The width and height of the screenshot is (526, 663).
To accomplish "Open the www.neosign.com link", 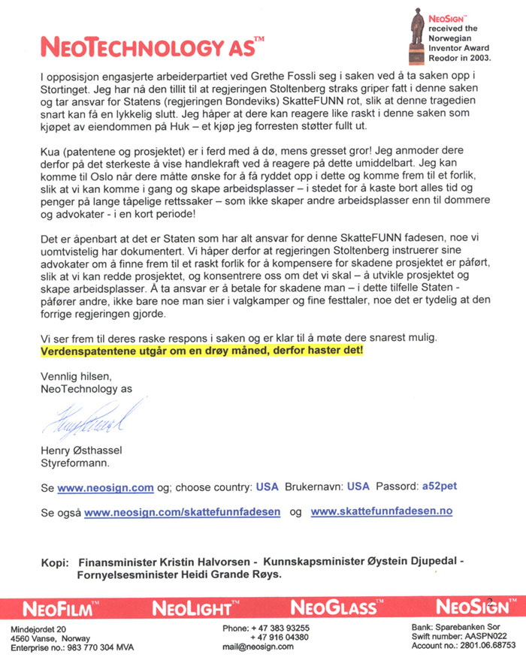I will pos(106,487).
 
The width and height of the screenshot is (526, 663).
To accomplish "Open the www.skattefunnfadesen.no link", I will pos(382,512).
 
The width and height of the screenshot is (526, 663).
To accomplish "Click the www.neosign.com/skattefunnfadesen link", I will pos(183,512).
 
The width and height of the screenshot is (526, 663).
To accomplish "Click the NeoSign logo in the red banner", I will pos(470,607).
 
